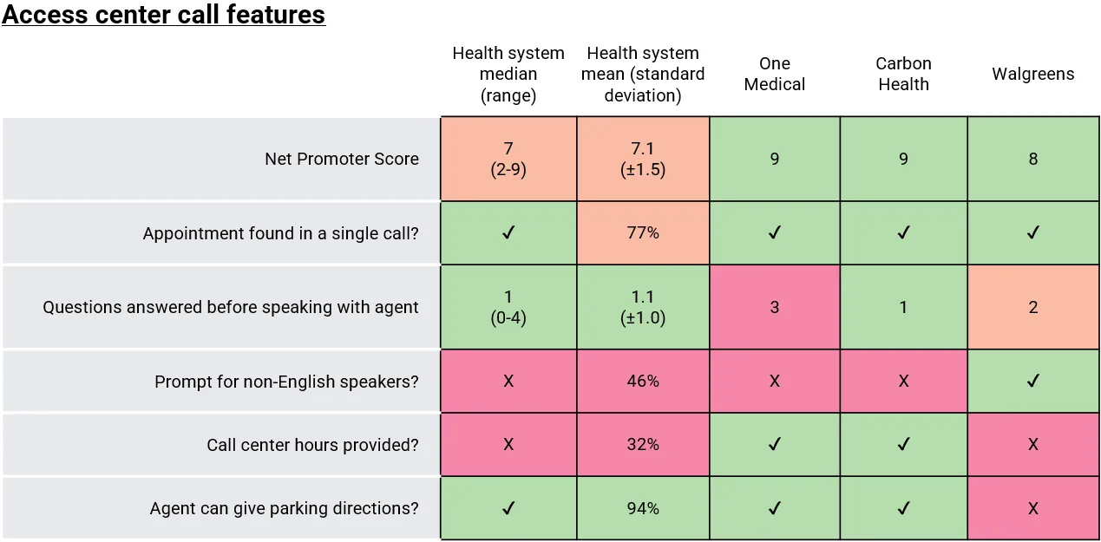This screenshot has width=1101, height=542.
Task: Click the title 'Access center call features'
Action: [164, 15]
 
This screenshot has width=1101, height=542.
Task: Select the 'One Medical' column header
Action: [774, 74]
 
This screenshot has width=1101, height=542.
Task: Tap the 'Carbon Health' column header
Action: [903, 74]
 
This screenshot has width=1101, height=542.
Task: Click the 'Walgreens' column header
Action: [1032, 74]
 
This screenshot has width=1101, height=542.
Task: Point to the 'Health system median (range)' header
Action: [508, 74]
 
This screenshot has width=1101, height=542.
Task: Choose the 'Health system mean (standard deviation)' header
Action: [642, 74]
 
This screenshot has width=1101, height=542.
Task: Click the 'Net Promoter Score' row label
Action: [341, 159]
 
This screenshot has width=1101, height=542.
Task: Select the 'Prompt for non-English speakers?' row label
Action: [286, 382]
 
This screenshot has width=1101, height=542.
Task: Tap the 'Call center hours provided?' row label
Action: [312, 445]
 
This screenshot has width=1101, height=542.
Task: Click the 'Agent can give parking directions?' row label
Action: [284, 508]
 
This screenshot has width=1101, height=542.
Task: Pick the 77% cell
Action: [642, 232]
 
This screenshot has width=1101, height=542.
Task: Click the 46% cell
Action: [642, 382]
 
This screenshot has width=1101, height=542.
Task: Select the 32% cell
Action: [642, 445]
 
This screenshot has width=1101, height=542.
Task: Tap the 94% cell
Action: [642, 508]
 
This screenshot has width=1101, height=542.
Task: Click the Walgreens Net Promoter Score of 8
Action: [1032, 159]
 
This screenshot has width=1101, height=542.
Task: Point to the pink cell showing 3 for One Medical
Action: [774, 307]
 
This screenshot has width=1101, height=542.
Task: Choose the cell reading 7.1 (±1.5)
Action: [642, 159]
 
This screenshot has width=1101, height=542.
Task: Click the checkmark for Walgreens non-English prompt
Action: [1032, 382]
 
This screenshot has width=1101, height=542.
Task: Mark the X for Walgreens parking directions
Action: [1032, 508]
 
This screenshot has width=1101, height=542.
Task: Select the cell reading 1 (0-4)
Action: [508, 307]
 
